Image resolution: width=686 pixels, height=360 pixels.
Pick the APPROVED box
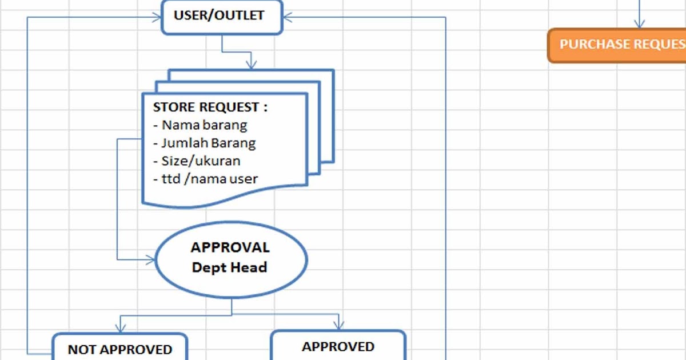click(338, 346)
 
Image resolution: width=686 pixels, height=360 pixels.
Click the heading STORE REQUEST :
click(210, 107)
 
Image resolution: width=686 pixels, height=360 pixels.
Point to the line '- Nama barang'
click(200, 125)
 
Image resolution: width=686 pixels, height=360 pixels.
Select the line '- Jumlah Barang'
click(205, 143)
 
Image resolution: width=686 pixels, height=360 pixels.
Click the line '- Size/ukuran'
click(197, 161)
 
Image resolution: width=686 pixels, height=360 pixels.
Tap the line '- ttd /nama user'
click(206, 179)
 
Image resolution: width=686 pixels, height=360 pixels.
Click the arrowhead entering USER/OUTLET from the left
click(156, 17)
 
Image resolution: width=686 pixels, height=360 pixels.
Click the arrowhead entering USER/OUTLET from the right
click(288, 17)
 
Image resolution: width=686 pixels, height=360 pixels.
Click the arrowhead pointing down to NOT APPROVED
click(120, 327)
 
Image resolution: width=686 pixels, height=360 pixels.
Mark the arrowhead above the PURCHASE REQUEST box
click(639, 23)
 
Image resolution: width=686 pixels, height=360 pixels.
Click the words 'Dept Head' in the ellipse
click(230, 267)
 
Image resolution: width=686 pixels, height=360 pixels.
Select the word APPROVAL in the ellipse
click(230, 248)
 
